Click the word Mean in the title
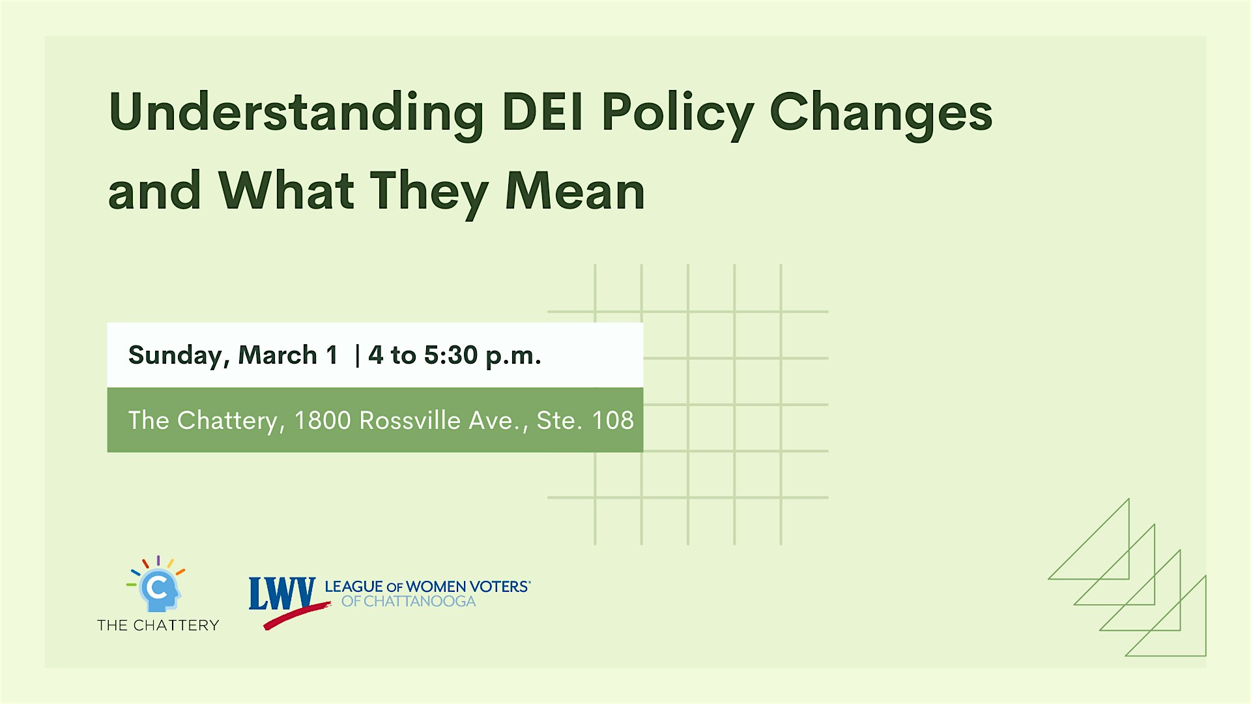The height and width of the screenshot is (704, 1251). click(x=575, y=191)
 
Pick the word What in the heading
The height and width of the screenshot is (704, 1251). click(x=287, y=191)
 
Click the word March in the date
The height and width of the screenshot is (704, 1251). click(x=278, y=355)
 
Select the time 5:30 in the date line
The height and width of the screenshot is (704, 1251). click(x=451, y=355)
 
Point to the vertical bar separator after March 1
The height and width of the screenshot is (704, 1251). click(x=357, y=356)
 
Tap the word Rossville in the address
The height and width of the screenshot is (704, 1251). click(x=410, y=420)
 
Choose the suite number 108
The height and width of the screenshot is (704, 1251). click(x=613, y=420)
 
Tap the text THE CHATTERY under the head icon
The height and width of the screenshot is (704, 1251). click(x=158, y=625)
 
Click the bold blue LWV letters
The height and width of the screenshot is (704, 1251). click(x=281, y=593)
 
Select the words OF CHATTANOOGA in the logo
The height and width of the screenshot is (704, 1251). click(x=409, y=602)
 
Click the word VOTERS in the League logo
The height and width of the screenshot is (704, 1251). click(x=499, y=587)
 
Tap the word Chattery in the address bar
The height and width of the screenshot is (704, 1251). click(x=227, y=420)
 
